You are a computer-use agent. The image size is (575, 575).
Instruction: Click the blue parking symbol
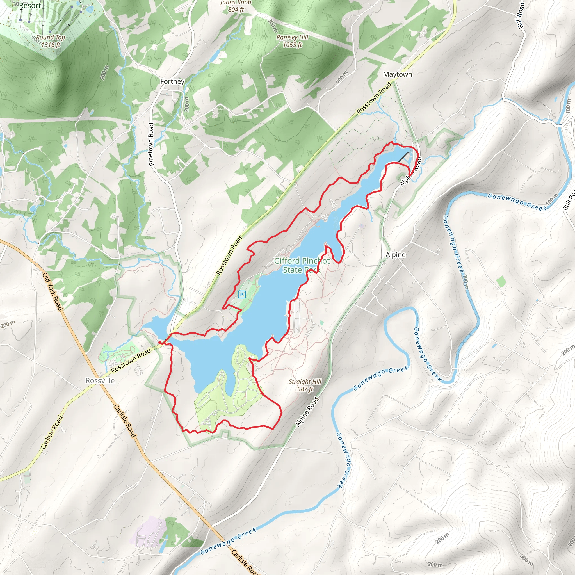pos(242,295)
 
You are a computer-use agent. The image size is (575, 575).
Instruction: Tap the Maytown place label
pos(397,74)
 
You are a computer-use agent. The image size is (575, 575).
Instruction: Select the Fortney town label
pos(172,81)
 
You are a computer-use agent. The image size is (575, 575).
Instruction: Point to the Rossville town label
pos(100,381)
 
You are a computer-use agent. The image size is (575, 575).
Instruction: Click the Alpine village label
pos(395,255)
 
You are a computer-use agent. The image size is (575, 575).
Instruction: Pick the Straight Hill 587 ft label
pos(305,385)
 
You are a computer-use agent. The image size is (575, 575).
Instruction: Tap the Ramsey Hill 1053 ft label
pos(292,41)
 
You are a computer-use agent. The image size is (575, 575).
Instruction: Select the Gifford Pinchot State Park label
pos(302,265)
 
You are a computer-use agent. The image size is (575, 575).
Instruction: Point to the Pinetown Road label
pos(151,144)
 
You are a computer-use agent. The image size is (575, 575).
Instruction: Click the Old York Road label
pos(53,291)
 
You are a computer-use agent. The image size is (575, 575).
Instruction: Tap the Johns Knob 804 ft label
pos(236,6)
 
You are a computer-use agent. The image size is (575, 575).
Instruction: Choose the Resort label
pos(30,5)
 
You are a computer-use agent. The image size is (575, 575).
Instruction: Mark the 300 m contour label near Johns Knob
pos(272,26)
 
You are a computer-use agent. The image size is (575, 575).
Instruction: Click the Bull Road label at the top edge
pos(521,15)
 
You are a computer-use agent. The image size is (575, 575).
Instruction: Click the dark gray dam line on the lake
pos(403,157)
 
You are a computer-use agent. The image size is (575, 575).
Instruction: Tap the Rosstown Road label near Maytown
pos(374,98)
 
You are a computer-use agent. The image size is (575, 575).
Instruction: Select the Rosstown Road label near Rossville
pos(131,361)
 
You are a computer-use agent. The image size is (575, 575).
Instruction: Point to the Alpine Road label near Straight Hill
pos(307,412)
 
